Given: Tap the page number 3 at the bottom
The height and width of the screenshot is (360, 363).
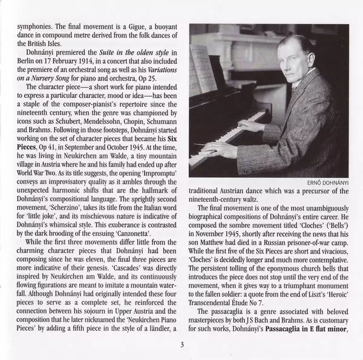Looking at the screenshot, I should point(181,346).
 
